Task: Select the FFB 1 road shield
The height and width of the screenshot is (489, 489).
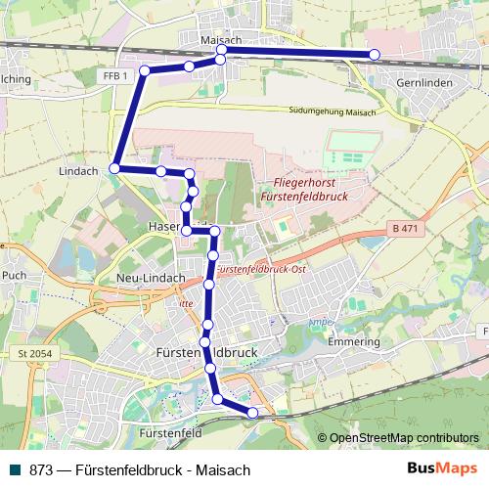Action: (x=114, y=75)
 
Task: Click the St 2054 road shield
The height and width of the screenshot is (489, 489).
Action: (x=34, y=351)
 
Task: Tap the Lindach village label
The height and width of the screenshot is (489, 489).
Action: (x=79, y=171)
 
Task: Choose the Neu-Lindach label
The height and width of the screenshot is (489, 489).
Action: (x=151, y=278)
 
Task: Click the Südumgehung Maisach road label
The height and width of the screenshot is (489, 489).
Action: (x=333, y=111)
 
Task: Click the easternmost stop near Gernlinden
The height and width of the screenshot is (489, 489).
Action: (x=374, y=54)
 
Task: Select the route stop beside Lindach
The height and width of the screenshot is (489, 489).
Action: (x=114, y=169)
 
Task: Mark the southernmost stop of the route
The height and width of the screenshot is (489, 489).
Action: (x=253, y=413)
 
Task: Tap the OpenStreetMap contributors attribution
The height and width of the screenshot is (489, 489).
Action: (x=403, y=438)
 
